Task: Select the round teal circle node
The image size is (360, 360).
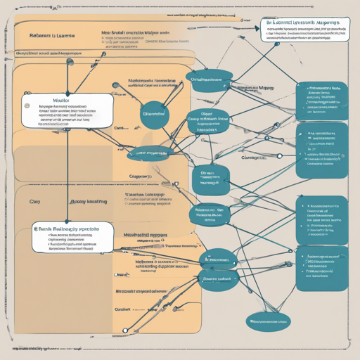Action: tap(154, 113)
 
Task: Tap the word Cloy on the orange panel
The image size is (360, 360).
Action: tap(35, 200)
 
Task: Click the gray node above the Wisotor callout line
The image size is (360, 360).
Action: tap(68, 62)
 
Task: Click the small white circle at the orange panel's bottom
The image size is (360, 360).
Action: tap(125, 330)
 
